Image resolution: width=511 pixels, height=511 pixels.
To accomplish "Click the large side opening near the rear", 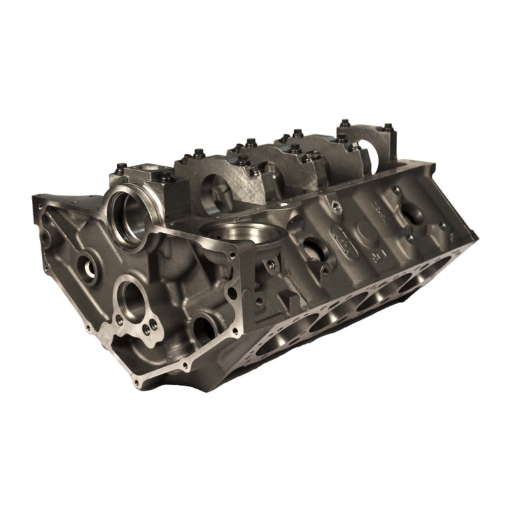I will pyautogui.click(x=412, y=214).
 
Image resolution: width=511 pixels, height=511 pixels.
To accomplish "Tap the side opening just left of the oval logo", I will pyautogui.click(x=313, y=250).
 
